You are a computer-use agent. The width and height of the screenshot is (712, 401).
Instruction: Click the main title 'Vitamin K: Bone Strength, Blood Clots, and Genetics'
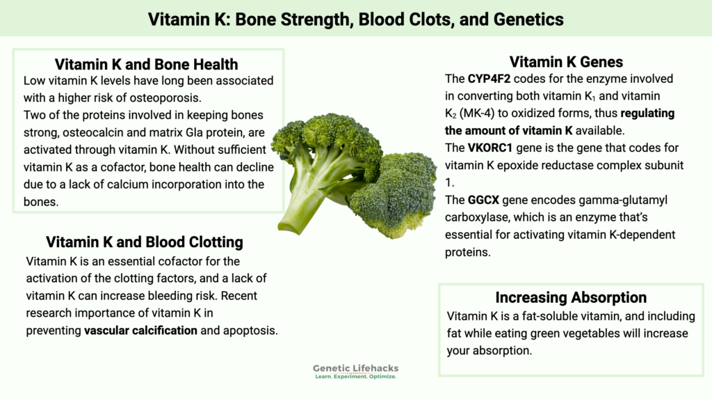tap(356, 18)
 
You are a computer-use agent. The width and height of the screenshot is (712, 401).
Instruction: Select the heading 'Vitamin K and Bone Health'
tap(146, 65)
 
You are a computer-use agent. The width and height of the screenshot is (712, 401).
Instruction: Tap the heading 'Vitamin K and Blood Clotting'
tap(145, 242)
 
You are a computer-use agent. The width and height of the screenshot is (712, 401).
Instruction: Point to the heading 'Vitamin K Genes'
tap(566, 62)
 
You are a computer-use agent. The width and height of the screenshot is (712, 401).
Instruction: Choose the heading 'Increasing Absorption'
tap(571, 297)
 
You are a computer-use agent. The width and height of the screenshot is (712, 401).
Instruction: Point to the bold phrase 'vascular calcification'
tap(140, 331)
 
